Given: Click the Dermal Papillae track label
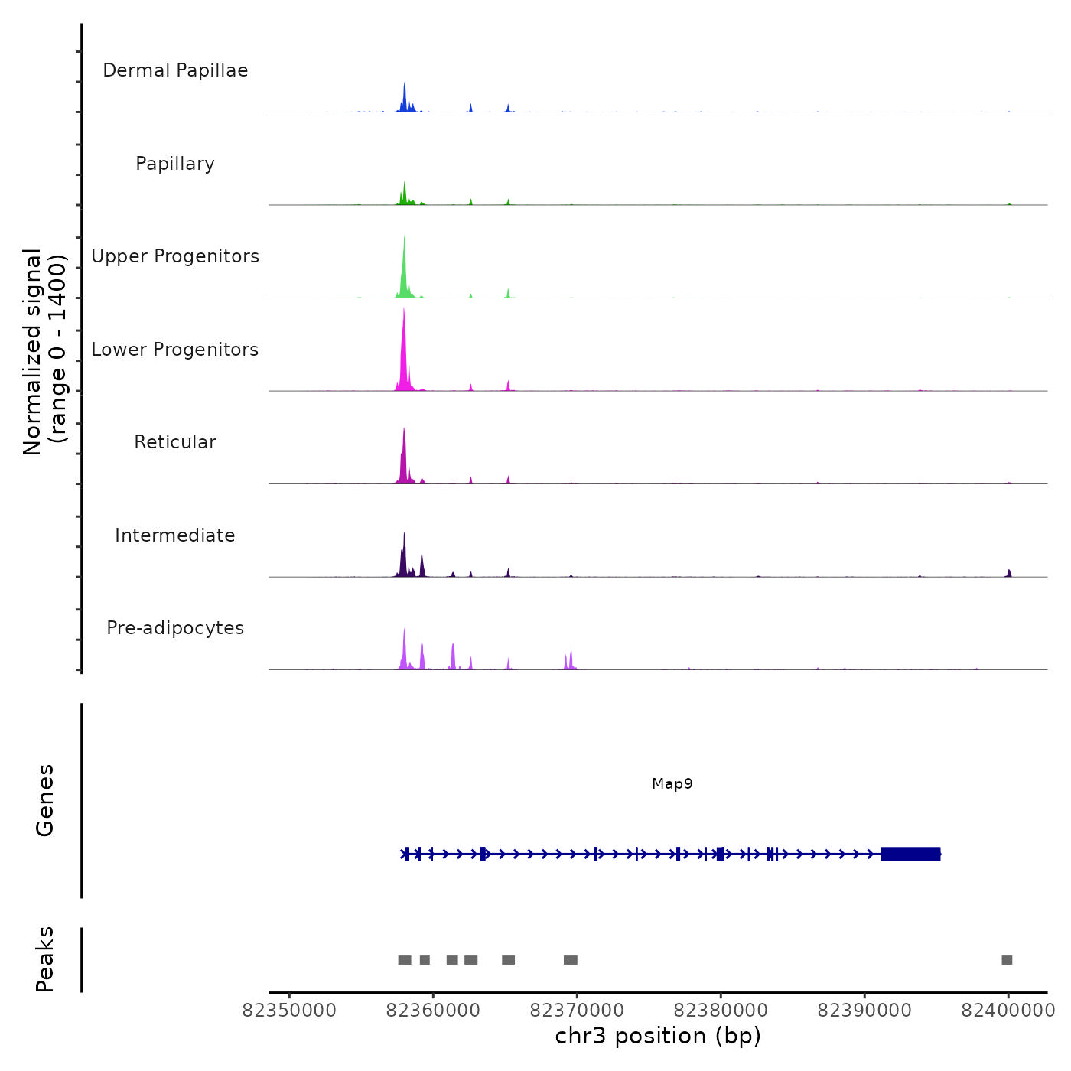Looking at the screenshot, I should pyautogui.click(x=175, y=70).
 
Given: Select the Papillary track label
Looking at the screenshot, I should pyautogui.click(x=175, y=164).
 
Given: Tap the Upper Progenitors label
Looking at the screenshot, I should pyautogui.click(x=175, y=256).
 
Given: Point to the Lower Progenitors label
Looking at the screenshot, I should pyautogui.click(x=175, y=350).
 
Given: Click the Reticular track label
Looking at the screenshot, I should pyautogui.click(x=175, y=442).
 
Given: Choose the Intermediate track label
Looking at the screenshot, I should pyautogui.click(x=175, y=535).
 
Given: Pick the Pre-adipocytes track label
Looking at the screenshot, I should pyautogui.click(x=175, y=628).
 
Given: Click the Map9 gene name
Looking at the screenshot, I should pyautogui.click(x=672, y=783).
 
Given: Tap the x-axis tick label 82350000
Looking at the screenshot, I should pyautogui.click(x=289, y=1011).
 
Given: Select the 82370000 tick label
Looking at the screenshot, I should pyautogui.click(x=577, y=1011).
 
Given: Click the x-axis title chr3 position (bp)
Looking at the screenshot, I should pyautogui.click(x=658, y=1036).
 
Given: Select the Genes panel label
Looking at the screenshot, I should pyautogui.click(x=45, y=800).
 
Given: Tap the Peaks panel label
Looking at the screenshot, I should pyautogui.click(x=45, y=959).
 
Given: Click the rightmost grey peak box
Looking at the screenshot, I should pyautogui.click(x=1007, y=960).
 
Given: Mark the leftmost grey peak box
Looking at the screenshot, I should pyautogui.click(x=405, y=960).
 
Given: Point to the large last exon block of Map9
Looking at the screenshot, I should pyautogui.click(x=910, y=854).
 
